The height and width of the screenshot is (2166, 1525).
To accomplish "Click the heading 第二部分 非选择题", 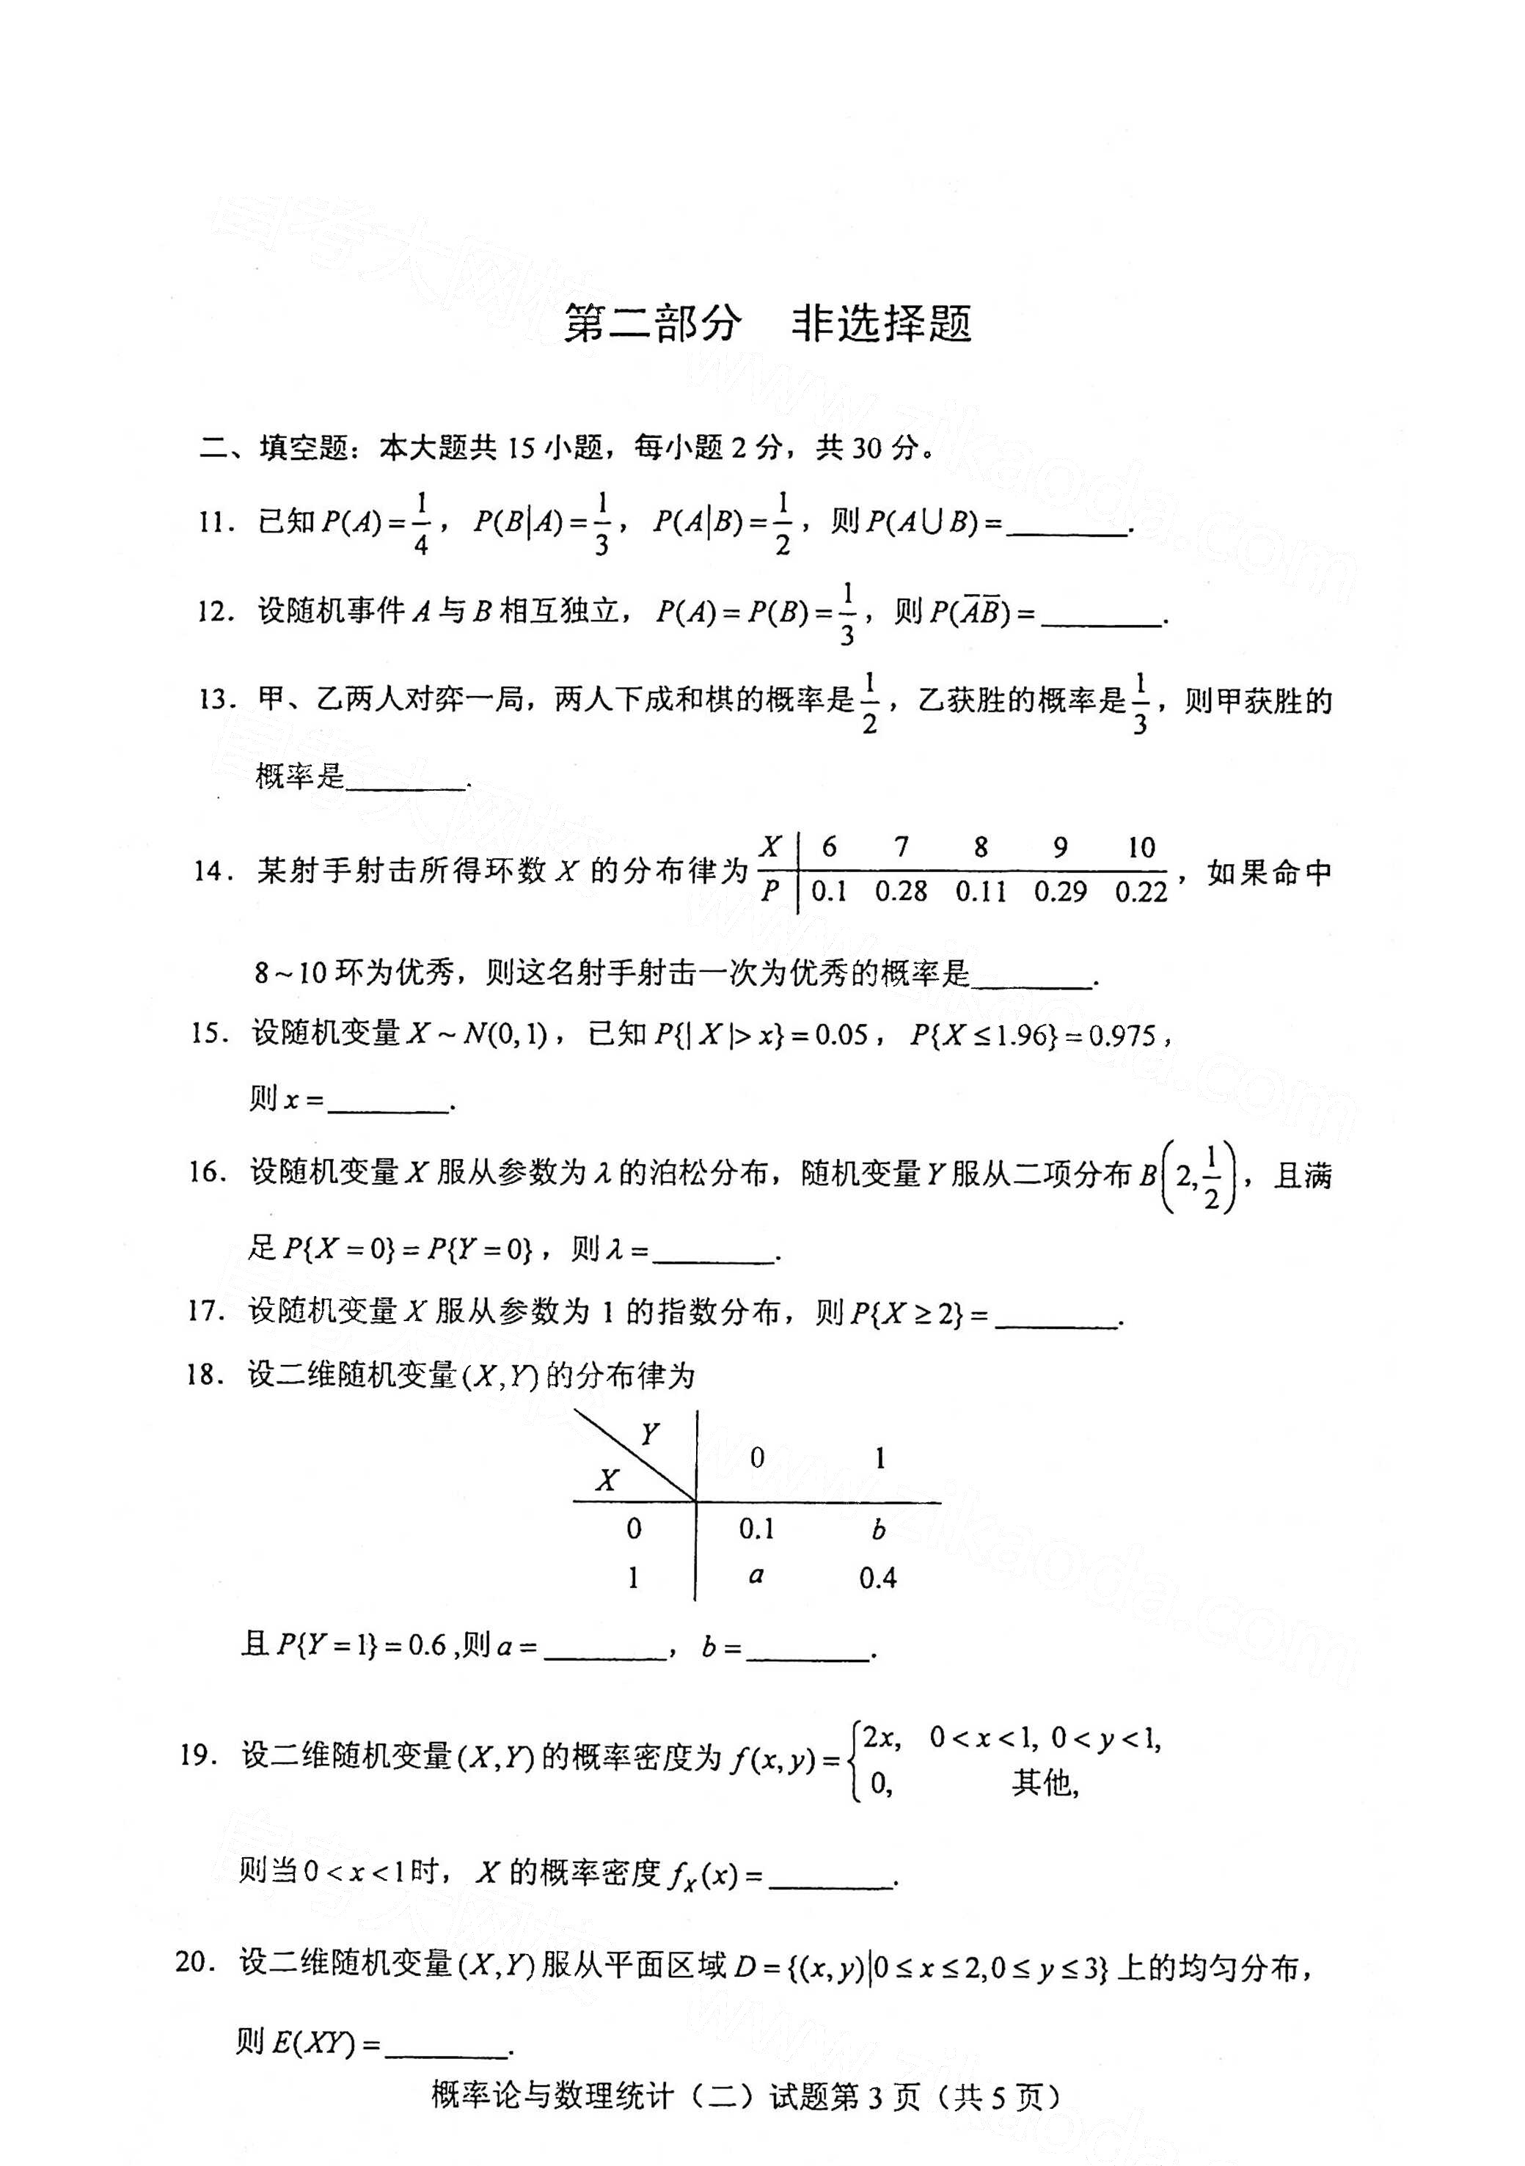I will click(767, 323).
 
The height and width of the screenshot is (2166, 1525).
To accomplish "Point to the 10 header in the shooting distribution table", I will click(1141, 847).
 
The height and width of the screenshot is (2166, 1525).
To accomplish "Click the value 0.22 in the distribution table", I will click(1141, 890).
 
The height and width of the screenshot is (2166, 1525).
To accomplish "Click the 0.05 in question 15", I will click(841, 1036).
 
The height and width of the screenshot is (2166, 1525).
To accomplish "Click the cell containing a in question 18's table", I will click(756, 1575).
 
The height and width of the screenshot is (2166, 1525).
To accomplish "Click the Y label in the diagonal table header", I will click(649, 1435).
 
